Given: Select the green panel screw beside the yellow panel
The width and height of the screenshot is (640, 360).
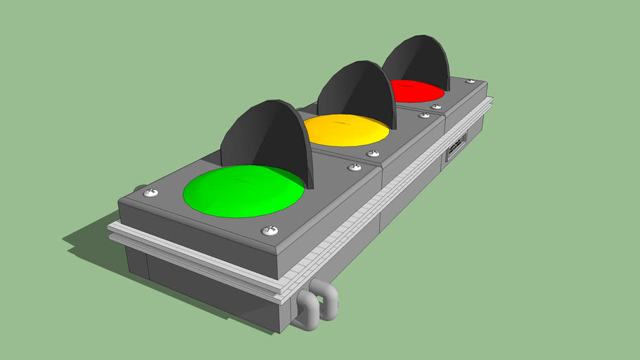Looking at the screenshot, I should click(354, 167).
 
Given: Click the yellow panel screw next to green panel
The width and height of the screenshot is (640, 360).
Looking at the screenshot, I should click(373, 153).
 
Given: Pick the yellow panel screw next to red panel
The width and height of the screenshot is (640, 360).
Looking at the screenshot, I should click(424, 115).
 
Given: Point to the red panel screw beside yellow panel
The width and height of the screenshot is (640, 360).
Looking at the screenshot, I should click(436, 107).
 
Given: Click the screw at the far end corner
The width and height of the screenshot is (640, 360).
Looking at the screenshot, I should click(470, 82).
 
